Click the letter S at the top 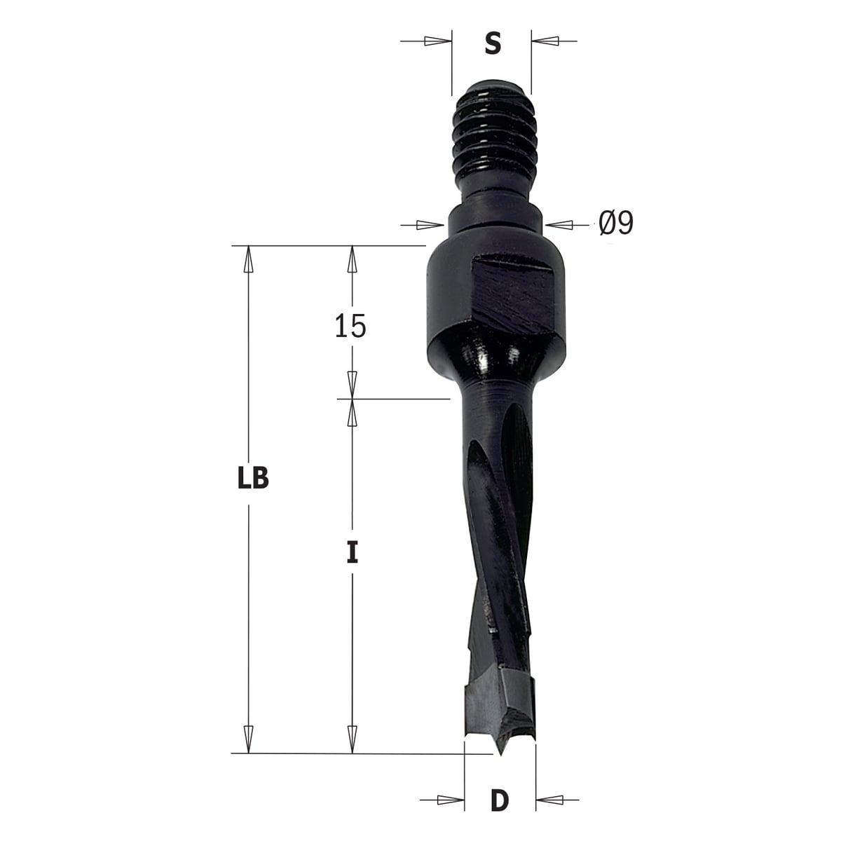(492, 43)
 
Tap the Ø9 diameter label (615, 224)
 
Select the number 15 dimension (350, 326)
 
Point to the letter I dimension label (353, 552)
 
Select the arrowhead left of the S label (437, 41)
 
